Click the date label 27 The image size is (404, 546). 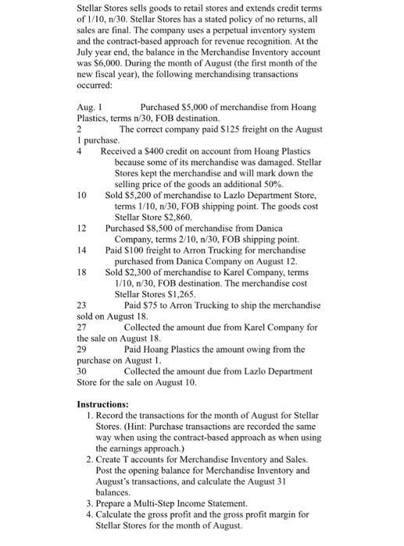tap(82, 327)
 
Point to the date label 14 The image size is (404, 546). tap(82, 250)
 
